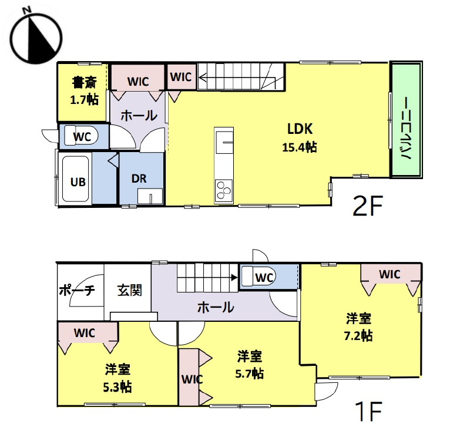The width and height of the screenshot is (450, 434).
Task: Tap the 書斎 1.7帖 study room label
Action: pos(84,90)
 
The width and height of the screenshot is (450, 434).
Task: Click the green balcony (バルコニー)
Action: pos(406,119)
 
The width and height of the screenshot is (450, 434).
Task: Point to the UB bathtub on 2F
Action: pos(75,181)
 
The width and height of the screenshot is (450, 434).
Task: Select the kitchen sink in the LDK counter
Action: pos(224,143)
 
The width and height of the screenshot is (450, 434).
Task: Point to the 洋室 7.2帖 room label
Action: pos(358,327)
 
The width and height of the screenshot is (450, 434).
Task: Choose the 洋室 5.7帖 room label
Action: pos(250,364)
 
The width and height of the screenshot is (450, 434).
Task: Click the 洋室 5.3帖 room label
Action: pos(117,378)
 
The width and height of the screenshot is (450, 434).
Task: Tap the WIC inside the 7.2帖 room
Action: pos(389,274)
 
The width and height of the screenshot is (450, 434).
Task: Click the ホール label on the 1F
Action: pos(215,307)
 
